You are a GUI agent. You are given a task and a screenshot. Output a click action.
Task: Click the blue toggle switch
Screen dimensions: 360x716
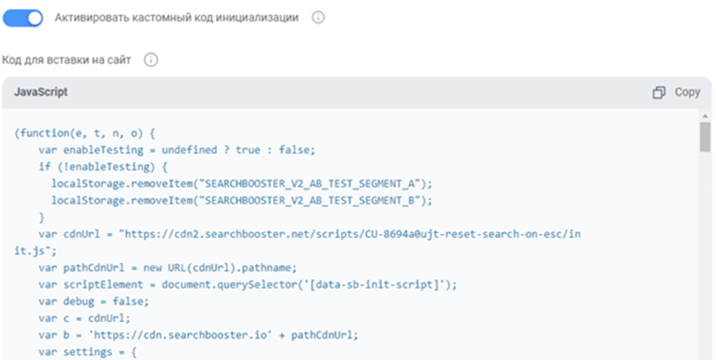(x=24, y=18)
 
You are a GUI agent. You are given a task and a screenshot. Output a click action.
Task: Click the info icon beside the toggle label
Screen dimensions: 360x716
(x=318, y=18)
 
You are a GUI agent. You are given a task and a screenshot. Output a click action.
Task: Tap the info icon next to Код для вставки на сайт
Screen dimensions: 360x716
(x=151, y=60)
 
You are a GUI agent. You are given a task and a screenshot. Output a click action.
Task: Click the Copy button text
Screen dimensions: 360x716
(x=687, y=92)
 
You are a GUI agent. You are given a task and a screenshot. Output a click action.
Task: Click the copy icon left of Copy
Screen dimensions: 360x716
(x=659, y=92)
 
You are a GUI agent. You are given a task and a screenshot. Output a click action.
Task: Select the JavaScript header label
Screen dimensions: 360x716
(x=41, y=92)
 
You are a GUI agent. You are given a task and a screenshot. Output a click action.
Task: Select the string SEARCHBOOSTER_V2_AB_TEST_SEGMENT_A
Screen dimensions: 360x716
(x=318, y=184)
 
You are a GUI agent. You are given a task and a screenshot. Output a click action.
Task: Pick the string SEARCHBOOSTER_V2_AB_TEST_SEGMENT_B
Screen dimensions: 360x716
(x=318, y=201)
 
